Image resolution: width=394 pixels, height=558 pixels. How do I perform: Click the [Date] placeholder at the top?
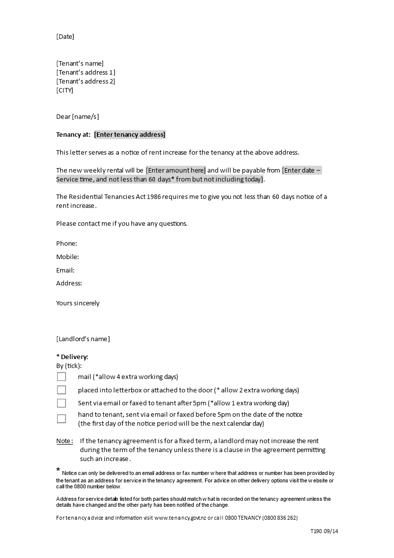[65, 36]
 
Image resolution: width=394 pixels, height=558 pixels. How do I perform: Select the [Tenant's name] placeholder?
[80, 63]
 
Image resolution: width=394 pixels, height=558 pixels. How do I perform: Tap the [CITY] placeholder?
[65, 90]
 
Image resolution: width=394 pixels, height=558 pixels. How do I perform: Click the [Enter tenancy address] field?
[130, 134]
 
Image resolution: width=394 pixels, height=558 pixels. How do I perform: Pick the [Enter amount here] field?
[176, 170]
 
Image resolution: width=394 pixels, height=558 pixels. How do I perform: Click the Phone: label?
[67, 243]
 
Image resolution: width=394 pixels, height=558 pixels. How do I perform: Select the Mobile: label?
[68, 257]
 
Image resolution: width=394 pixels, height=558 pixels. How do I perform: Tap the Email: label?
[65, 270]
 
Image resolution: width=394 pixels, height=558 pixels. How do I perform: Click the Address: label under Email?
[69, 283]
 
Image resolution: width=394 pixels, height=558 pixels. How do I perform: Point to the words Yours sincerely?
[78, 303]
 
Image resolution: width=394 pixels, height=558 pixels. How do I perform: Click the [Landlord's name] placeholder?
[83, 339]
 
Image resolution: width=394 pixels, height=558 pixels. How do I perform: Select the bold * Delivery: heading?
[72, 357]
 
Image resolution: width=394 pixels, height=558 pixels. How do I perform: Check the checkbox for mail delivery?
[61, 376]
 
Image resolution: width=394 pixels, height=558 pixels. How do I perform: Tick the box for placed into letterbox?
[61, 390]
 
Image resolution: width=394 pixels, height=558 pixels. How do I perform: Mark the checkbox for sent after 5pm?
[61, 403]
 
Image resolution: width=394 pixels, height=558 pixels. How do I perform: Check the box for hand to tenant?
[61, 419]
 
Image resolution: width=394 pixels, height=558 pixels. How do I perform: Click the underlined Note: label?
[65, 441]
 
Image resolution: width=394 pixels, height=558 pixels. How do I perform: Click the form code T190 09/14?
[324, 531]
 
